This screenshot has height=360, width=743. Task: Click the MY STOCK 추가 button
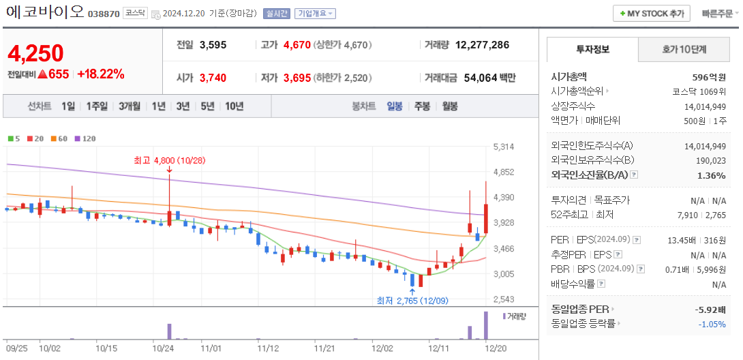[652, 14]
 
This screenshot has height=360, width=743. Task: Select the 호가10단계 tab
[684, 50]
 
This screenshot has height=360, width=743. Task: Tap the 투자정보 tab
[592, 50]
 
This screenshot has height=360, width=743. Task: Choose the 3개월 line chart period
[129, 106]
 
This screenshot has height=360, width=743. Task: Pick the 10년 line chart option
[234, 106]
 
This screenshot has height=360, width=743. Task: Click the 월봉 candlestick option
[450, 106]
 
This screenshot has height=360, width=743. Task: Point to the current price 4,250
[35, 53]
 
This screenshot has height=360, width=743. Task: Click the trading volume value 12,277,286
[482, 45]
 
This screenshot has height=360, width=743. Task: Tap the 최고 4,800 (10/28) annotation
[170, 161]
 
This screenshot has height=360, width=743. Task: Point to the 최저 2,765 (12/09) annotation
[412, 301]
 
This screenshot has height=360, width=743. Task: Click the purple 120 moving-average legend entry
[85, 138]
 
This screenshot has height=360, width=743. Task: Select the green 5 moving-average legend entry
[14, 138]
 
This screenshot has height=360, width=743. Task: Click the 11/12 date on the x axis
[268, 348]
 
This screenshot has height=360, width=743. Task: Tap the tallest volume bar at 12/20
[486, 326]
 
